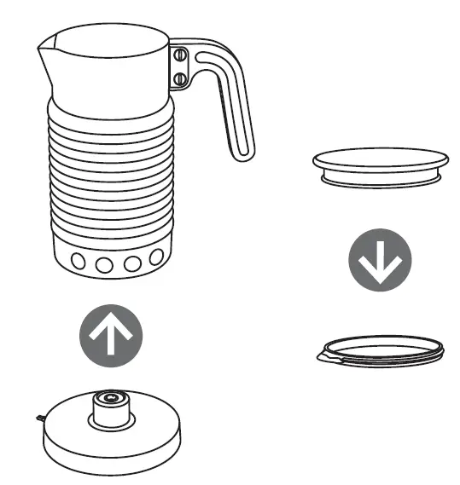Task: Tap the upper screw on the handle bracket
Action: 181,55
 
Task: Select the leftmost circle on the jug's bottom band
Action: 78,261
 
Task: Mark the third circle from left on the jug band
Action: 131,263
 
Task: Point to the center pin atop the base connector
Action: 109,397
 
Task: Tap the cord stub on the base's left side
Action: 40,416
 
